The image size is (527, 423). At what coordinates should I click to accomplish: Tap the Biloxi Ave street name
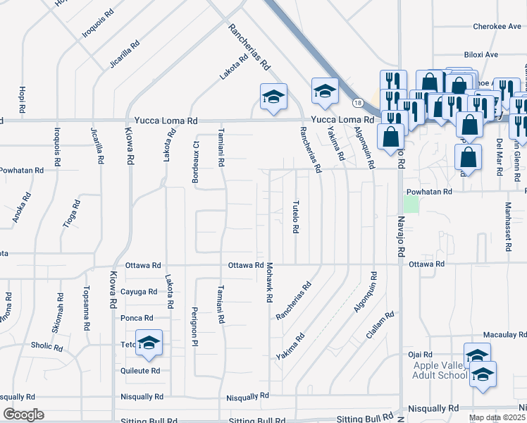click(481, 54)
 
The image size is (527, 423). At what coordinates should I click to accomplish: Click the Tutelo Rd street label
click(296, 215)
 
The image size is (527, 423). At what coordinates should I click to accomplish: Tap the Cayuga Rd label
click(139, 292)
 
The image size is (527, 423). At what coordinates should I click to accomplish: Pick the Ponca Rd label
click(137, 319)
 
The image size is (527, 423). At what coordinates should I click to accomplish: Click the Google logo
click(23, 415)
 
